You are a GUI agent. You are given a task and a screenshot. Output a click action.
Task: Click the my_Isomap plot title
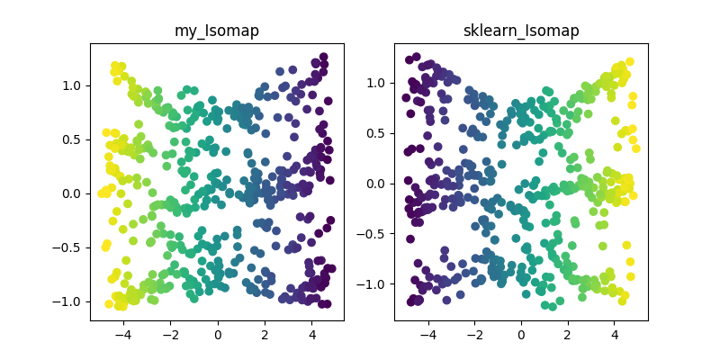coord(216,31)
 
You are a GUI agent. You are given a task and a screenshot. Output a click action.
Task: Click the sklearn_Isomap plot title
coord(521,31)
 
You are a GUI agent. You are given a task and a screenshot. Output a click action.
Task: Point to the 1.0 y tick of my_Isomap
coord(72,85)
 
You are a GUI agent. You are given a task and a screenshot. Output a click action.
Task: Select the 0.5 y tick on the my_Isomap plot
coord(72,139)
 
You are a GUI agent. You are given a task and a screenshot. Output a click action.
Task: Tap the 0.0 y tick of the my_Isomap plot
coord(72,193)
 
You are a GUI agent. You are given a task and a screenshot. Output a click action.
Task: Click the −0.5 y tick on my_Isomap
coord(68,247)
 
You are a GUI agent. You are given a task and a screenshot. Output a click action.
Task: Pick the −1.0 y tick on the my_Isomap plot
coord(68,301)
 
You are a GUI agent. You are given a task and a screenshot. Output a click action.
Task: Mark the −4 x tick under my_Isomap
coord(122,334)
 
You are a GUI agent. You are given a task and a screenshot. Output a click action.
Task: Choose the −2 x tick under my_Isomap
coord(169,334)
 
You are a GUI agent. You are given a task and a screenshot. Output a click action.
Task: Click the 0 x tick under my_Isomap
coord(218,334)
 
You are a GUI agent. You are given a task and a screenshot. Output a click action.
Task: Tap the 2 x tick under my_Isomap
coord(265,334)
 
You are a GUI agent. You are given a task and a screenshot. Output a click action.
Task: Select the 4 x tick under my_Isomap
coord(311,334)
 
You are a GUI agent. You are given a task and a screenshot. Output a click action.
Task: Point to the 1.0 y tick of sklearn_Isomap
coord(377,83)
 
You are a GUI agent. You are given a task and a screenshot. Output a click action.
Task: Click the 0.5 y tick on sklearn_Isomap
coord(377,133)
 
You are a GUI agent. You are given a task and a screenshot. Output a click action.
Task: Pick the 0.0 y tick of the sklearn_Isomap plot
coord(377,184)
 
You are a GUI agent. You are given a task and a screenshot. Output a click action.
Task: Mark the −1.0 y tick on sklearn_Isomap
coord(373,284)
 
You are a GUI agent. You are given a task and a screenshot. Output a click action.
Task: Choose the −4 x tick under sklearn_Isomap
coord(427,334)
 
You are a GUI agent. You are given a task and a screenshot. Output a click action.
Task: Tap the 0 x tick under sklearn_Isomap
coord(521,334)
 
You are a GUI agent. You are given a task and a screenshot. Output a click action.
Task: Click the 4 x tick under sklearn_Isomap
coord(615,334)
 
